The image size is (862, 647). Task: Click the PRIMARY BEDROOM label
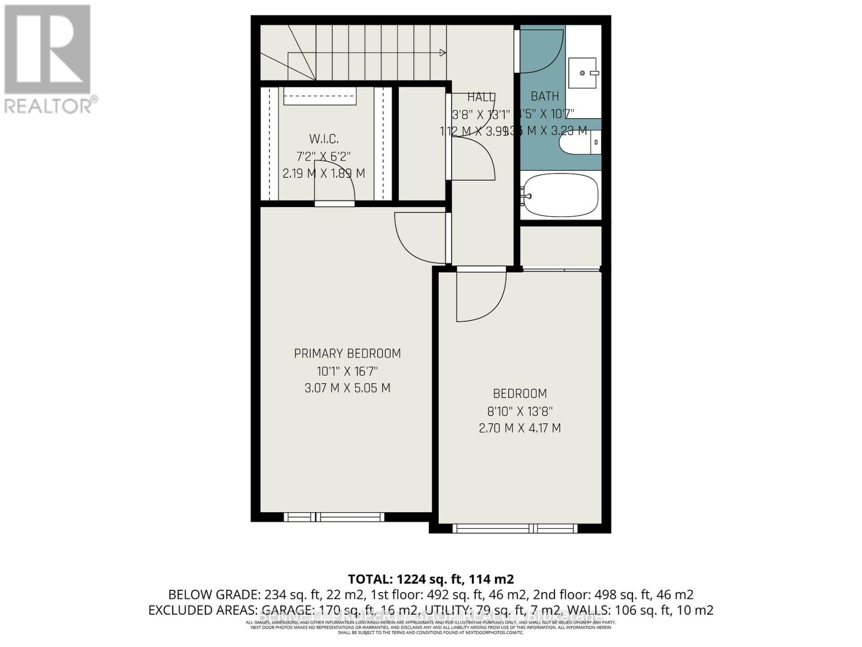click(347, 354)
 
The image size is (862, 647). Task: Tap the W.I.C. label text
click(324, 139)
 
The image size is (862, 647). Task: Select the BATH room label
click(545, 97)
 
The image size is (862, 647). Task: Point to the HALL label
click(481, 97)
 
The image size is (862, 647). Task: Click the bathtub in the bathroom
click(561, 195)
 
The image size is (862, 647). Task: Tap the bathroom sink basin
click(582, 73)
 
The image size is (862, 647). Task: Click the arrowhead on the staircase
click(443, 53)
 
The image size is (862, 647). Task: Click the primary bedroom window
click(334, 517)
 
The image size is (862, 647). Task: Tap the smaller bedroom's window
click(515, 528)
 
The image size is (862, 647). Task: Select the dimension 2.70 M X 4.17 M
click(519, 429)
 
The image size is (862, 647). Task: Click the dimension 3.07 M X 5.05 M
click(347, 388)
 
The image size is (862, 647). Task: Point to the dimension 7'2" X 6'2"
click(324, 157)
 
